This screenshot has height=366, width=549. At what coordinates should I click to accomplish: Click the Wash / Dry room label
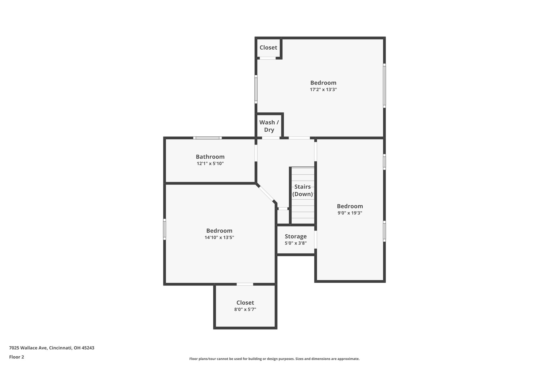[269, 126]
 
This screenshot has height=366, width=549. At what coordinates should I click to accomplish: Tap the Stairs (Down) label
[302, 190]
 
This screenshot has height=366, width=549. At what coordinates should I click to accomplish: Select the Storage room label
[296, 236]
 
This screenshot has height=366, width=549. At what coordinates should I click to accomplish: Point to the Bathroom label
[210, 157]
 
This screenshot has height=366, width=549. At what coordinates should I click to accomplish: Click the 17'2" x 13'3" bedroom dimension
[323, 90]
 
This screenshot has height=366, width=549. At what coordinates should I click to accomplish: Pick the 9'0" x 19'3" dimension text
[350, 213]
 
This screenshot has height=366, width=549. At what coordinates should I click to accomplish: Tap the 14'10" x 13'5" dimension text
[219, 237]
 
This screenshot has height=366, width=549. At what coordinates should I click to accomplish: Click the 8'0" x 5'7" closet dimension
[245, 309]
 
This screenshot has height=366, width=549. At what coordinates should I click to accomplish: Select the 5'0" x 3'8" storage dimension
[296, 243]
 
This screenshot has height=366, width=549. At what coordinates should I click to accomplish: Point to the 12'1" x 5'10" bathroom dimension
[210, 163]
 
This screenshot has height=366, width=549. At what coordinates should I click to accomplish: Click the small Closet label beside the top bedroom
[268, 47]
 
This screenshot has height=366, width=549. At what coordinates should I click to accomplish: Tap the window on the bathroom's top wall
[207, 138]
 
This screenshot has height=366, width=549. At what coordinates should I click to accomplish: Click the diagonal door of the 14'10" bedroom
[266, 194]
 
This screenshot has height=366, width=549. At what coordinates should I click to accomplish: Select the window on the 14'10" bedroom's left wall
[165, 229]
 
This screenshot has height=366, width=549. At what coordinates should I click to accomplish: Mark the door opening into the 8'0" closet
[245, 284]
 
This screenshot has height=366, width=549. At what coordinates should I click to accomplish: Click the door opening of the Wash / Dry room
[271, 138]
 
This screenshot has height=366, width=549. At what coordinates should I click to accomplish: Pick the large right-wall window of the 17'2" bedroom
[384, 86]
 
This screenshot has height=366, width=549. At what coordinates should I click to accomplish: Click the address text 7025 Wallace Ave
[28, 348]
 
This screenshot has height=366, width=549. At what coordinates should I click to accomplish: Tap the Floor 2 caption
[17, 357]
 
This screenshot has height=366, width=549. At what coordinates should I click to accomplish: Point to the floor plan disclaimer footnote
[274, 359]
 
